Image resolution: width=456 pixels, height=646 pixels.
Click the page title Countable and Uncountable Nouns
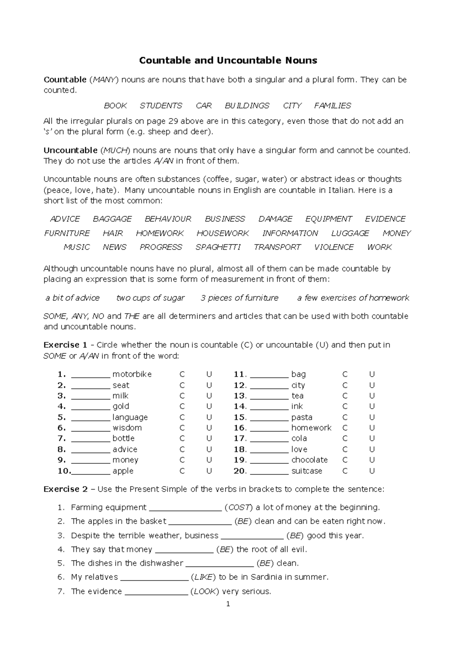[x=228, y=60]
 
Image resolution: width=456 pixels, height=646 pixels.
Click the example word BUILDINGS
[x=247, y=106]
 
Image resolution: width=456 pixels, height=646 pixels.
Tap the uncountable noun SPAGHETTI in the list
[x=218, y=247]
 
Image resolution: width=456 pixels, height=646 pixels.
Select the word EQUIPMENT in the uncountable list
[x=329, y=219]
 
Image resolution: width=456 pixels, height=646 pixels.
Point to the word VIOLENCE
[x=334, y=247]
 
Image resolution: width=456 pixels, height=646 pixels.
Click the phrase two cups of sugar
[x=150, y=298]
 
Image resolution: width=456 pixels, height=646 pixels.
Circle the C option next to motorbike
[x=182, y=374]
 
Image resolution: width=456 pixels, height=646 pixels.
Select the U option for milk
[x=209, y=396]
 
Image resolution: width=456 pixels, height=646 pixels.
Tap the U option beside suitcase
[x=372, y=471]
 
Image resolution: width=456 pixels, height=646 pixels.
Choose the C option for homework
[x=345, y=428]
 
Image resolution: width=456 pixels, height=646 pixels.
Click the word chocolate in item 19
[x=309, y=460]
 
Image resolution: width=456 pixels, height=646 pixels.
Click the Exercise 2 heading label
[x=66, y=489]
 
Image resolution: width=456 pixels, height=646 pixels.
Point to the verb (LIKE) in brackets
[x=203, y=577]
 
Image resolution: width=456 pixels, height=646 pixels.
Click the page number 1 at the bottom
[x=228, y=604]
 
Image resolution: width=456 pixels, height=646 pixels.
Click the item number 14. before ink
[x=240, y=407]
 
